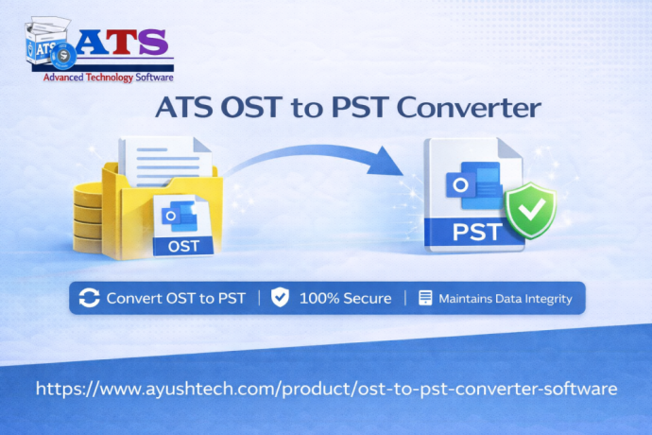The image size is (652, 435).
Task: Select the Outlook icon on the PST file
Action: click(x=469, y=184)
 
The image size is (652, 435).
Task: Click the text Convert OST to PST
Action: click(x=176, y=298)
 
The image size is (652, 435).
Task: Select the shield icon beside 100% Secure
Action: click(x=280, y=298)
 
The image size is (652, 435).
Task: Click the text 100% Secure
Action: click(x=345, y=298)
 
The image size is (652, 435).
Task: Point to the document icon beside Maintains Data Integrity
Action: click(x=425, y=298)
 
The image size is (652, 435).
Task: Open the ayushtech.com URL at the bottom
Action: click(x=326, y=389)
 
